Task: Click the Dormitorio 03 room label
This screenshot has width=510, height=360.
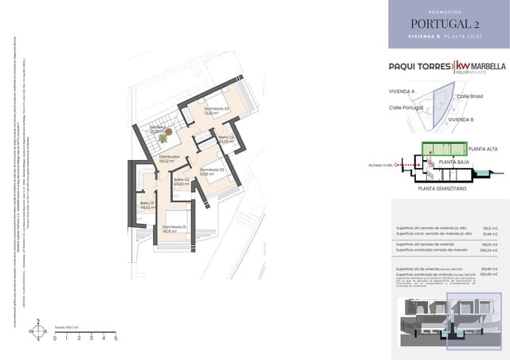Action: pos(216,109)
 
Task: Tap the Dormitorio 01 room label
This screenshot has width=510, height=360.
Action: pos(174,228)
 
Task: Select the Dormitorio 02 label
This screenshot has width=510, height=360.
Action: pos(212,170)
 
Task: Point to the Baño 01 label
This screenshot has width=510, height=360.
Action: pos(147,204)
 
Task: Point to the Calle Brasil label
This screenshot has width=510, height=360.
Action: pos(470,96)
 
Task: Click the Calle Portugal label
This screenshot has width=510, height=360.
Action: pos(406,108)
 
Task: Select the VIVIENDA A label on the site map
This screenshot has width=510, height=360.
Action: pos(402,92)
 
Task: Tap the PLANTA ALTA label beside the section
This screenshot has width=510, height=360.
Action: pos(484,149)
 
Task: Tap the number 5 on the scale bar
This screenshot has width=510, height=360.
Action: pos(116,338)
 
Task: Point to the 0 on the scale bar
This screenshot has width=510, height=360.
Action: pos(55,338)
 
